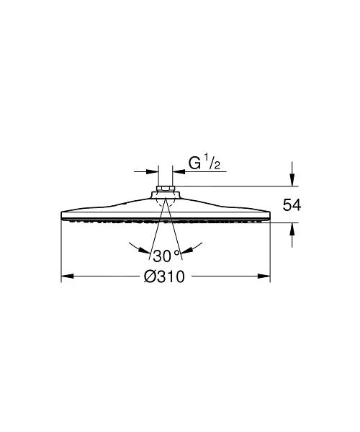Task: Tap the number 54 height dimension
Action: click(x=291, y=205)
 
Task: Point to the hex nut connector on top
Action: click(x=166, y=192)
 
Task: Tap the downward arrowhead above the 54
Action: click(x=291, y=181)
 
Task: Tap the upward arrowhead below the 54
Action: click(x=291, y=228)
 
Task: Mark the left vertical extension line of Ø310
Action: click(x=61, y=248)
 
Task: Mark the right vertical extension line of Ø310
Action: click(x=270, y=248)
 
